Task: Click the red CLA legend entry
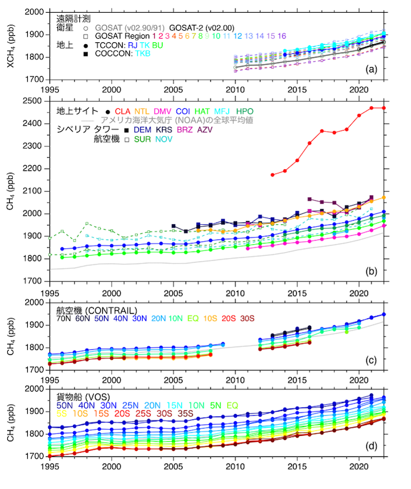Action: [x=123, y=111]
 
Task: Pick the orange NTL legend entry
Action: [x=143, y=111]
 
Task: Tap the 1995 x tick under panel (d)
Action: [x=50, y=467]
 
